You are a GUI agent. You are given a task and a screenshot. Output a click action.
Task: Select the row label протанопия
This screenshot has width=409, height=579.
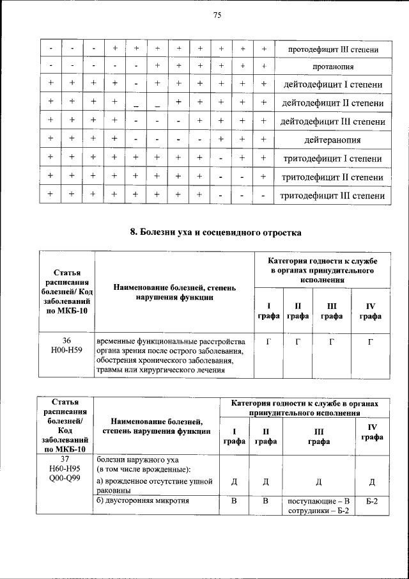[x=330, y=66]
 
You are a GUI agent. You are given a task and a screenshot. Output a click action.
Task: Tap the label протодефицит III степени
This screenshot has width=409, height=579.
[x=330, y=49]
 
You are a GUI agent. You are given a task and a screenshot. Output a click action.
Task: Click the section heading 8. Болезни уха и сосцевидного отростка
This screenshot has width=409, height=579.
[x=216, y=233]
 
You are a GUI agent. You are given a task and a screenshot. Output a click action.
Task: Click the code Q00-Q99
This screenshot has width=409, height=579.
[x=66, y=479]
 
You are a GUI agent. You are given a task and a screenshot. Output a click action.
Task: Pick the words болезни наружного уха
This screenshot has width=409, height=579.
[x=134, y=459]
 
